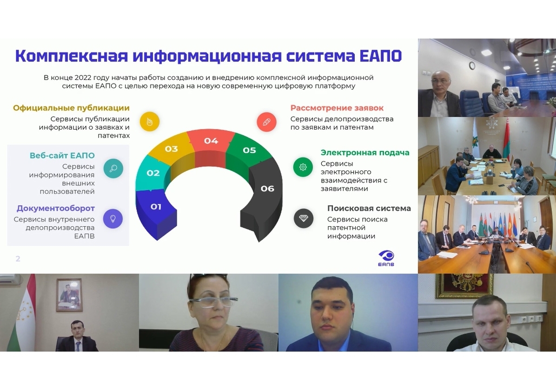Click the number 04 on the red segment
pos(211,141)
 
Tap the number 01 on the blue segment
pos(156,207)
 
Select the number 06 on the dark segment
pos(267,189)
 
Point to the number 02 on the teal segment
pos(153,173)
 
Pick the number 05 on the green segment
pos(249,150)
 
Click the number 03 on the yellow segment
pos(171,149)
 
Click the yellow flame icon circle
pos(150,122)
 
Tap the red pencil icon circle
pos(267,122)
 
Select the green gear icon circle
pos(303,167)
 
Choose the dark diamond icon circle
pos(304,218)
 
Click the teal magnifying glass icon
pos(113,168)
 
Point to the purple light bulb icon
pos(113,219)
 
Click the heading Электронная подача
pos(365,153)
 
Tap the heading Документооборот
pos(56,208)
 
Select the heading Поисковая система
pos(369,208)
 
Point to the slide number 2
pos(18,259)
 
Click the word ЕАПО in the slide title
pos(380,56)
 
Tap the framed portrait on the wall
pos(70,295)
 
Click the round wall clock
pos(472,65)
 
